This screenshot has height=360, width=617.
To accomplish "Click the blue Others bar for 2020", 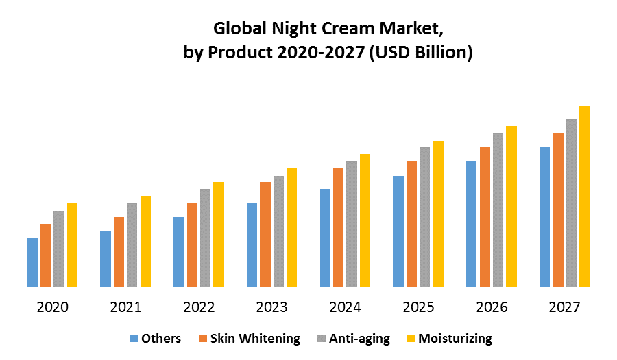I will tap(32, 262).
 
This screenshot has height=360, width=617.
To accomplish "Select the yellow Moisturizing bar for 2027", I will tap(584, 196).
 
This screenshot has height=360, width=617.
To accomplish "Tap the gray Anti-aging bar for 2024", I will tap(352, 224).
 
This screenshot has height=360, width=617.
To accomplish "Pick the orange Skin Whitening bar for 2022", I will tap(192, 245).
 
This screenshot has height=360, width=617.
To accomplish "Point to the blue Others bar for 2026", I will tap(471, 224).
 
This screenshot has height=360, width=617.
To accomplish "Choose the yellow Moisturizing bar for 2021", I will tap(145, 241).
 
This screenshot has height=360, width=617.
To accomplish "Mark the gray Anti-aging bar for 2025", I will tap(425, 217).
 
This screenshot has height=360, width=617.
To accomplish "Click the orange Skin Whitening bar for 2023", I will tap(265, 235).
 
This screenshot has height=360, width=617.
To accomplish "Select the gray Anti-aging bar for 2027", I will tap(571, 203).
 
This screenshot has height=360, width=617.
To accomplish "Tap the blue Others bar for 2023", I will tap(252, 245).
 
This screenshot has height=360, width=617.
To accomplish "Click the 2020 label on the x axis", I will tap(53, 307).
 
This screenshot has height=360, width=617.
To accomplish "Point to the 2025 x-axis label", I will tap(418, 307).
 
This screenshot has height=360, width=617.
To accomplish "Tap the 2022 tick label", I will tap(199, 307).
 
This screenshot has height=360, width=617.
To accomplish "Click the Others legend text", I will tap(161, 338).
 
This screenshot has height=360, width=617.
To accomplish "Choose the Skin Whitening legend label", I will tap(255, 338).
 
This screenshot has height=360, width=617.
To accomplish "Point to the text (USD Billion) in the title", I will tap(420, 53).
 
